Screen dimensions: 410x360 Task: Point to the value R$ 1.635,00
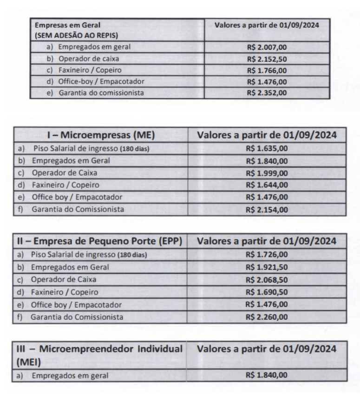pyautogui.click(x=267, y=150)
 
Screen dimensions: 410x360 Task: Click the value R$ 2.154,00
pyautogui.click(x=267, y=210)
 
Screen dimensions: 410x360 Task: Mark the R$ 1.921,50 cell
pyautogui.click(x=267, y=268)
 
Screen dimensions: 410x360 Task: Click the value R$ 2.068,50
pyautogui.click(x=267, y=280)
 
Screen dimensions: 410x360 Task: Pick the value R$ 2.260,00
pyautogui.click(x=267, y=317)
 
